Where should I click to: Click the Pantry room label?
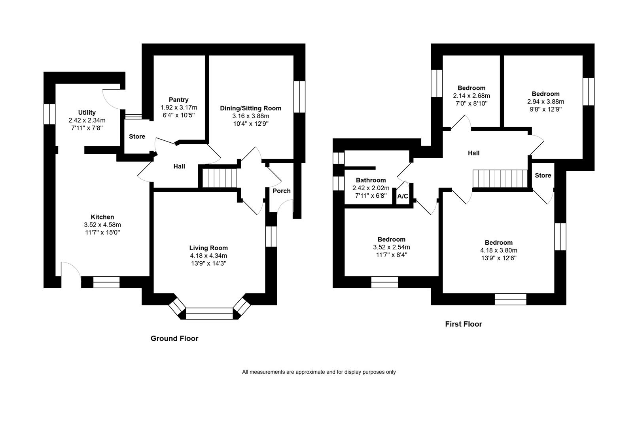point(178,100)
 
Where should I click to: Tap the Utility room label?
point(87,113)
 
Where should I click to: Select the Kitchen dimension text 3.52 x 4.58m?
point(102,225)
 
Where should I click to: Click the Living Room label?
point(208,248)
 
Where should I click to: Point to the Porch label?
point(282,191)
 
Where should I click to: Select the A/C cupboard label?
point(403,196)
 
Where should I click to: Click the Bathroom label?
point(371,180)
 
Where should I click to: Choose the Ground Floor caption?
point(174,338)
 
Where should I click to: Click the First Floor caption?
point(464,324)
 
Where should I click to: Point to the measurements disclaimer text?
point(319,372)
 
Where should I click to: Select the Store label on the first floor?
point(543,176)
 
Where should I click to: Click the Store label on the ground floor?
point(137,137)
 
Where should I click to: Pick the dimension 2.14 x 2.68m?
point(471,96)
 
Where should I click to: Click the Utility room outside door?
point(112,99)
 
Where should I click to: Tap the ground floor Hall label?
point(179,166)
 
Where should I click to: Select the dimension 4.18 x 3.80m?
point(498,250)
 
